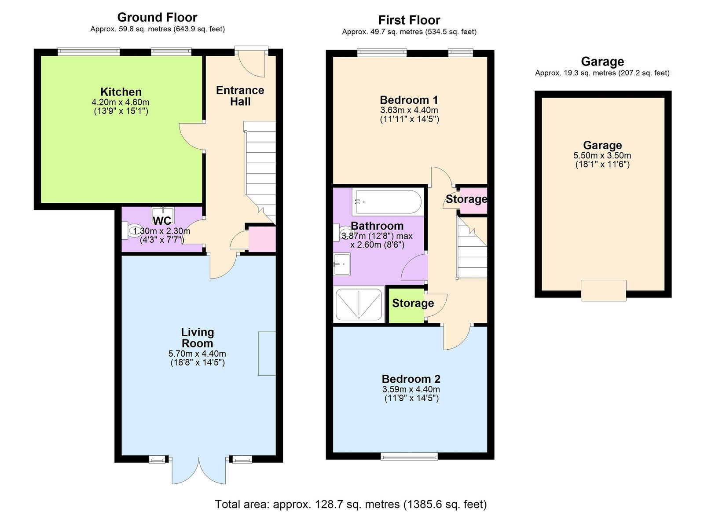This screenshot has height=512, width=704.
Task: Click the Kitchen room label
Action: pos(121,92)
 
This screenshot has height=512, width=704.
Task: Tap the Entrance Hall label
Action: pos(240,96)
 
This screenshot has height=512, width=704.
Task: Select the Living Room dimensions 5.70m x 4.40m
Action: pos(197,354)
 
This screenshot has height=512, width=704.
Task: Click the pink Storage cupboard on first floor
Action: pos(473,201)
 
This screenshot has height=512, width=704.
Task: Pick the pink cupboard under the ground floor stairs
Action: pos(262,239)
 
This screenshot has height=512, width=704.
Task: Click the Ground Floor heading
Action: pos(157,17)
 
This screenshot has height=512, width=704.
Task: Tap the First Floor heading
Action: pos(409,20)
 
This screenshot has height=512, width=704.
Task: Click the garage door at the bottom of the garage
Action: pos(603,291)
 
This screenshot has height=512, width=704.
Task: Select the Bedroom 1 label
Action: pos(409,100)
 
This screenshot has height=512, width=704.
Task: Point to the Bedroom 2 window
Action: pos(409,457)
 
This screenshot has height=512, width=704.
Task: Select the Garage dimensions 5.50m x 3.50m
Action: pos(602,155)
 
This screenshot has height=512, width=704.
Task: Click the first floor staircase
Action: pos(472,248)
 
